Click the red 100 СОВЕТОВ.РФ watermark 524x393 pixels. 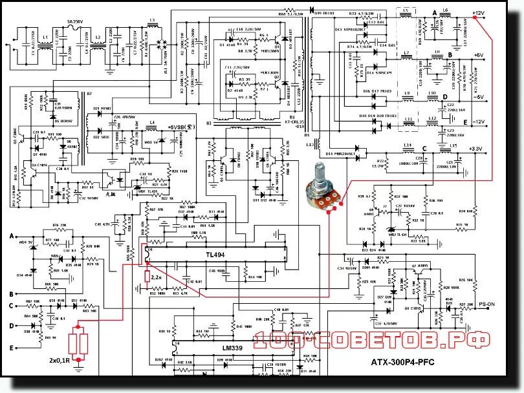371,340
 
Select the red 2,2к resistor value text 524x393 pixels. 157,276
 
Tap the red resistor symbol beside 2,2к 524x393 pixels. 146,278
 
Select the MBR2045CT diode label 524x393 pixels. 341,154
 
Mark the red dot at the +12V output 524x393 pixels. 475,20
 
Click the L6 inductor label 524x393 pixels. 445,10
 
